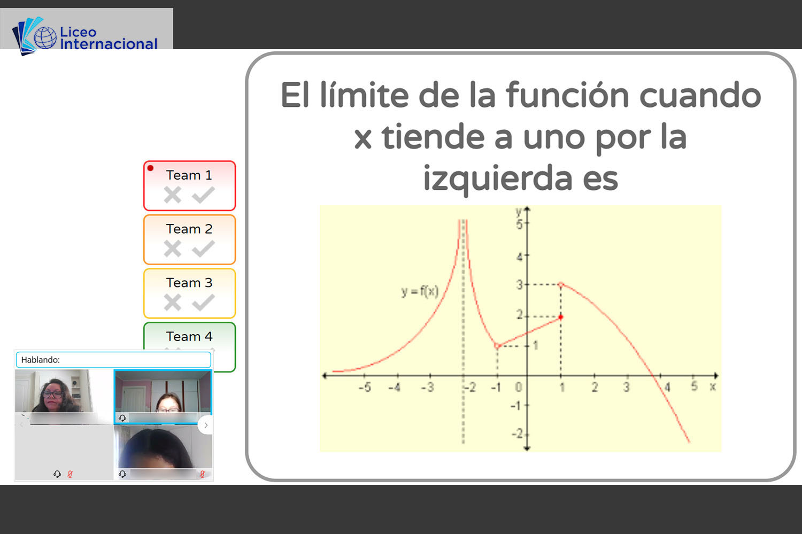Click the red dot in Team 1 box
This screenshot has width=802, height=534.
pyautogui.click(x=150, y=168)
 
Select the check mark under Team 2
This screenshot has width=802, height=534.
pyautogui.click(x=203, y=249)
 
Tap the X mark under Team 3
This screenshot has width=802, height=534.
pyautogui.click(x=173, y=303)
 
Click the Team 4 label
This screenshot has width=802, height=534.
pyautogui.click(x=189, y=336)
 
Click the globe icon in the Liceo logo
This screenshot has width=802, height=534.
pyautogui.click(x=45, y=37)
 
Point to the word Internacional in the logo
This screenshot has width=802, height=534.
pyautogui.click(x=109, y=44)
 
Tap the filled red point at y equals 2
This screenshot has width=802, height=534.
pyautogui.click(x=561, y=317)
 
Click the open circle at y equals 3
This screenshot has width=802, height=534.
pyautogui.click(x=561, y=284)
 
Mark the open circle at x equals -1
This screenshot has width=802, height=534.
pyautogui.click(x=497, y=346)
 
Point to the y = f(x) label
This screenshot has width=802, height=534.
pyautogui.click(x=420, y=292)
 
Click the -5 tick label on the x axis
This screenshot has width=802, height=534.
pyautogui.click(x=365, y=388)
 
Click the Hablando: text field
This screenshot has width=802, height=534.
pyautogui.click(x=113, y=360)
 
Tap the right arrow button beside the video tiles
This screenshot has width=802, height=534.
pyautogui.click(x=206, y=425)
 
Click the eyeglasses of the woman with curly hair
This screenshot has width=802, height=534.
pyautogui.click(x=52, y=394)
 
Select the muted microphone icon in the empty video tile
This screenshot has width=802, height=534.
pyautogui.click(x=70, y=474)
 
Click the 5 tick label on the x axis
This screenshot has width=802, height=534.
pyautogui.click(x=694, y=386)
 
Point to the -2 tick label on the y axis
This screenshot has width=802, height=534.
pyautogui.click(x=518, y=434)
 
